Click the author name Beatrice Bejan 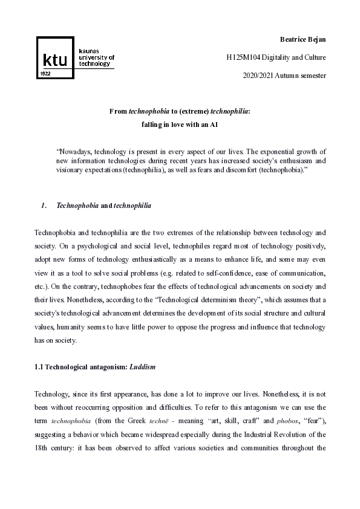click(303, 39)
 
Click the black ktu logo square click(56, 58)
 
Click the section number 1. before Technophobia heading click(44, 206)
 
